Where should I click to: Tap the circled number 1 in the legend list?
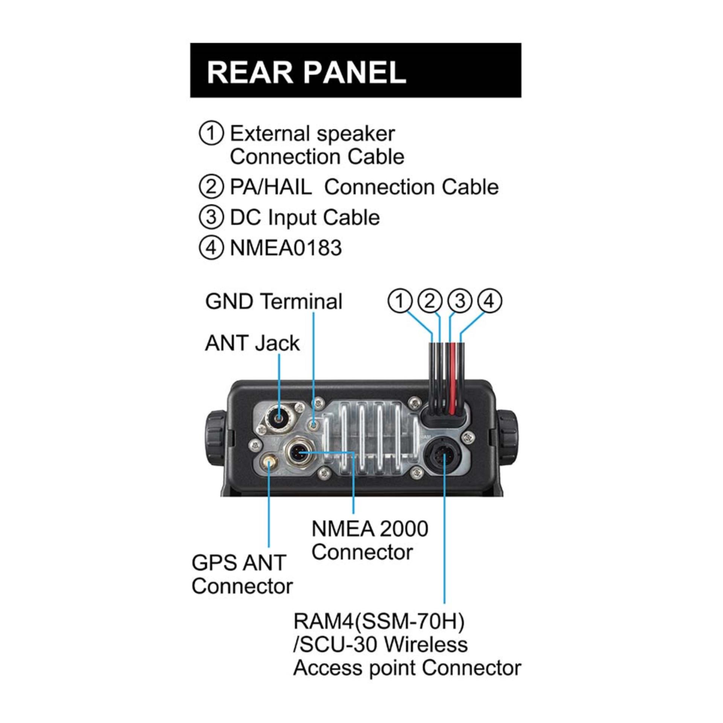(211, 134)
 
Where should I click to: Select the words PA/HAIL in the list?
(271, 187)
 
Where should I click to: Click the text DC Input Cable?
(304, 218)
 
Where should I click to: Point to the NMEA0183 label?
(285, 248)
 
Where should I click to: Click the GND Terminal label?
(274, 302)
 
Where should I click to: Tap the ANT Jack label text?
(252, 343)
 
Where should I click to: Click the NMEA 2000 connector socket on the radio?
(298, 452)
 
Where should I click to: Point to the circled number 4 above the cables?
(489, 301)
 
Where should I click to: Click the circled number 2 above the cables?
(430, 301)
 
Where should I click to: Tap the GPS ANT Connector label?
(242, 574)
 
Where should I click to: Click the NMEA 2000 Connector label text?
(369, 540)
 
